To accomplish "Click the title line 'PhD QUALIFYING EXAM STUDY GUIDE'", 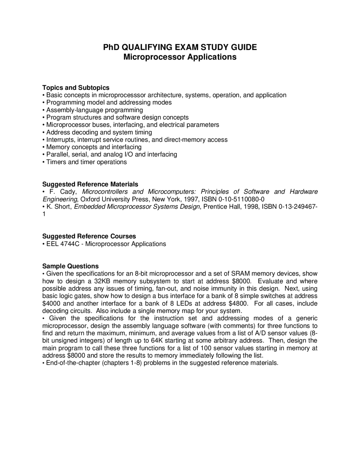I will [180, 47].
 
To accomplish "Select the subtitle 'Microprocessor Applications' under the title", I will [180, 57].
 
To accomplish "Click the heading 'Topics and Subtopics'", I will [76, 88].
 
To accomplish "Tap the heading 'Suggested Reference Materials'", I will [90, 184].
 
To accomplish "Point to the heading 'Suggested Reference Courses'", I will [89, 236].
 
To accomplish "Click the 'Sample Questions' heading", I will [70, 266].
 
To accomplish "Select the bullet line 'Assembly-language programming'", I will [94, 110].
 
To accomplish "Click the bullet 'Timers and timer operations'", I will [86, 162].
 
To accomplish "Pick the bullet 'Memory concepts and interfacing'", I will [94, 147].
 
